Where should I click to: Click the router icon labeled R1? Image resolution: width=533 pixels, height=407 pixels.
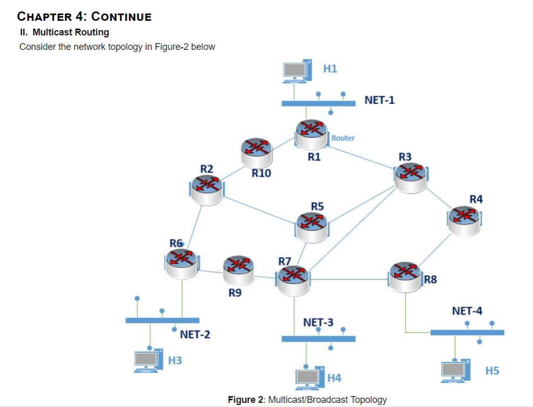(x=311, y=133)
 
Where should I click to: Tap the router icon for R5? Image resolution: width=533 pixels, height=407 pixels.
(x=311, y=227)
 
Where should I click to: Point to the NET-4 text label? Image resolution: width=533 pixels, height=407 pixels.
(x=467, y=311)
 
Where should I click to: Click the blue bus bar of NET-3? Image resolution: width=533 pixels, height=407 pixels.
(x=318, y=339)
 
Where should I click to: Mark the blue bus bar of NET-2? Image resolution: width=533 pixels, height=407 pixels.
(x=162, y=320)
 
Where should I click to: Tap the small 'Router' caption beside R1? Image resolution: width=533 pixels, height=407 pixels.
(x=343, y=138)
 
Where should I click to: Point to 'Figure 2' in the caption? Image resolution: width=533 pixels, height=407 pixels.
(x=246, y=400)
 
